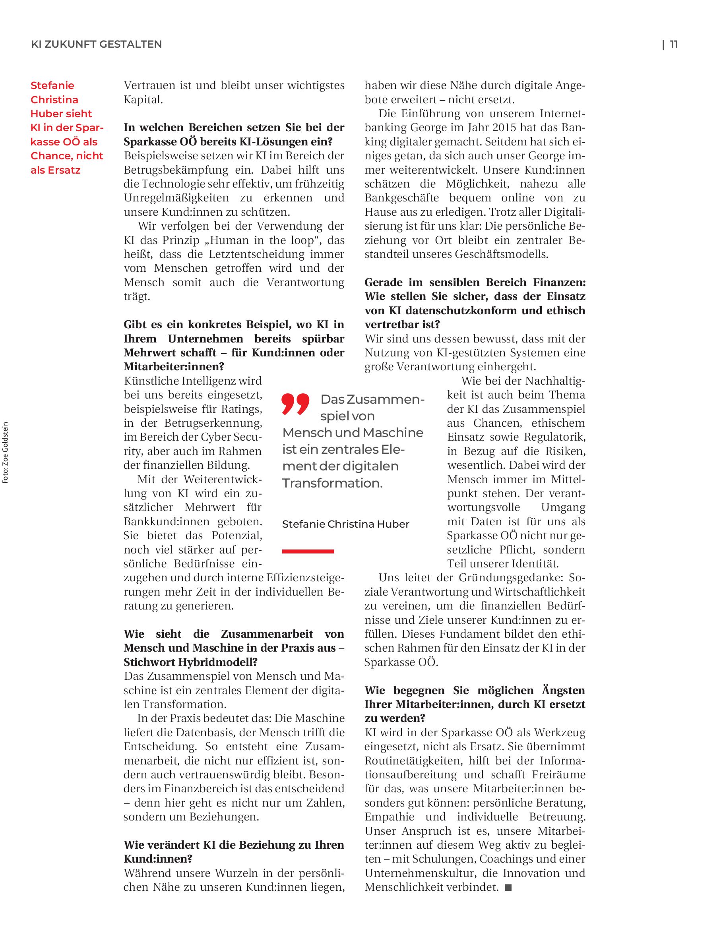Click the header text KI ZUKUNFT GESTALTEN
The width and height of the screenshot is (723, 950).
(97, 45)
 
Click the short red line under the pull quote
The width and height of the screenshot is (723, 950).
(308, 551)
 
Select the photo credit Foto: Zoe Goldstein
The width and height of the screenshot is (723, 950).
(6, 453)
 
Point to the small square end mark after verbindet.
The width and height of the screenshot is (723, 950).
(508, 887)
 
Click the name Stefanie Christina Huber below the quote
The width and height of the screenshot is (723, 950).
(345, 524)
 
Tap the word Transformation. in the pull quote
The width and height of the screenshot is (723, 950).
(332, 483)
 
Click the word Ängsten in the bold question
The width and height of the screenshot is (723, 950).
(565, 691)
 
